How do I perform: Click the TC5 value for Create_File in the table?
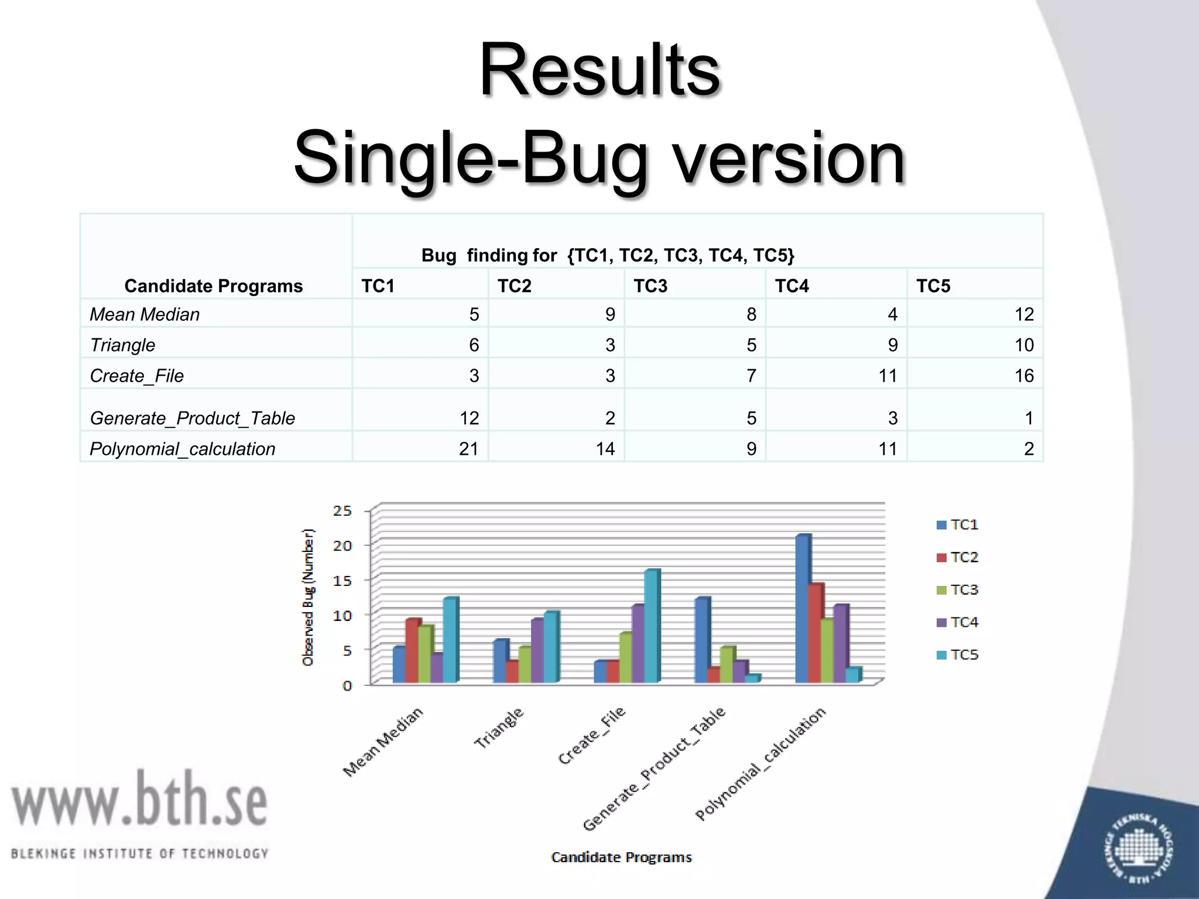coord(1023,375)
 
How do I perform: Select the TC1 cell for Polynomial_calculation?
coord(468,448)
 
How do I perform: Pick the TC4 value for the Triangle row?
coord(892,345)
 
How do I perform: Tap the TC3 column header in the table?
coord(650,286)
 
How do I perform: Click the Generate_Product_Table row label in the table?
coord(192,418)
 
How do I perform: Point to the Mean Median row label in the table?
coord(145,314)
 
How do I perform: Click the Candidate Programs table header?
coord(213,286)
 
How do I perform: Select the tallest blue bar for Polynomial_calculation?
coord(802,609)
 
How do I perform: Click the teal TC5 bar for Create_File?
coord(651,626)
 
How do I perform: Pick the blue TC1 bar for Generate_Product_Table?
coord(701,640)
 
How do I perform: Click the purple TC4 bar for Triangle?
coord(537,651)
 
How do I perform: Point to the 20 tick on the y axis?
coord(342,545)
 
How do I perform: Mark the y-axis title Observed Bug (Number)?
coord(308,597)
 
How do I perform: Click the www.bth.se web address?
coord(139,798)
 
